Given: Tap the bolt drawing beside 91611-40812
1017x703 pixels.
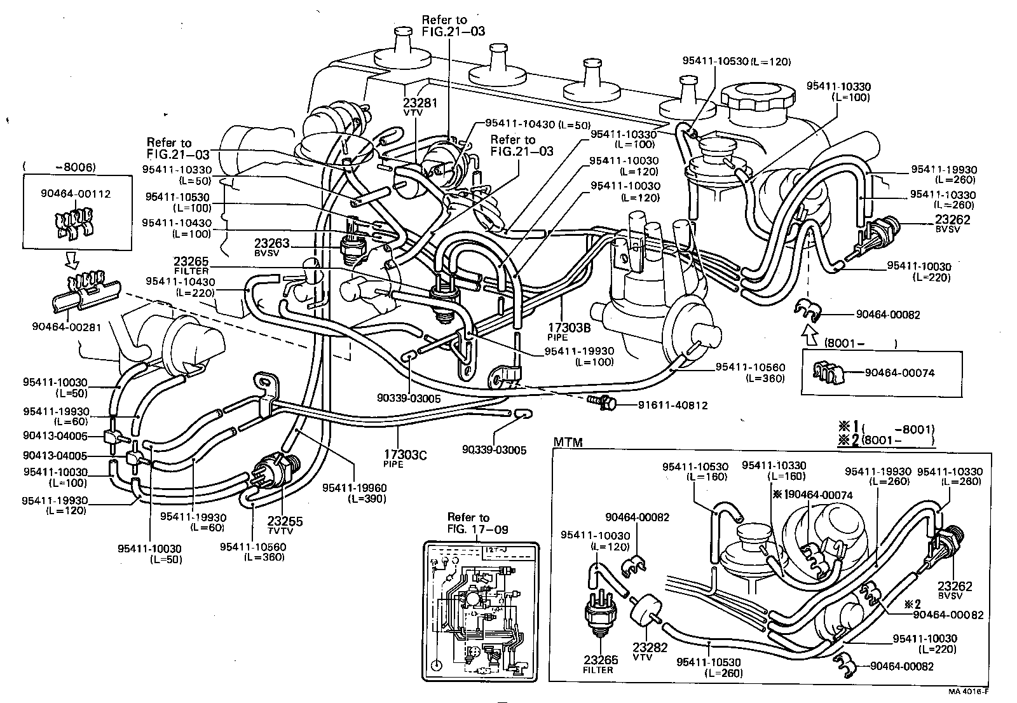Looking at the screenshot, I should click(x=602, y=401).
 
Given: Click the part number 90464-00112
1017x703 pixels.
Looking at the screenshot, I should click(x=85, y=193).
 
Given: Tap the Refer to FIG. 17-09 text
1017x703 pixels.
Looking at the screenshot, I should click(x=468, y=522).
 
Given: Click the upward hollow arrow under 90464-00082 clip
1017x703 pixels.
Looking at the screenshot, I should click(x=809, y=331).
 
